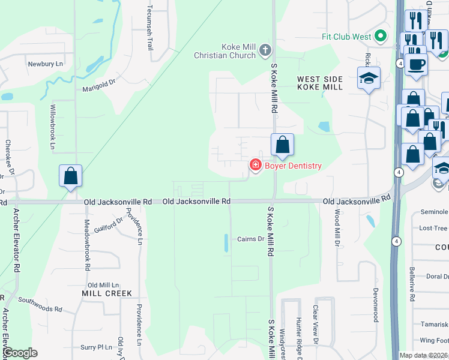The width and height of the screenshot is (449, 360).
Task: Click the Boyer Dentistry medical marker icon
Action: click(x=255, y=166)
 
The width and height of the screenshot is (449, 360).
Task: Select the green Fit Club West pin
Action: click(x=380, y=37)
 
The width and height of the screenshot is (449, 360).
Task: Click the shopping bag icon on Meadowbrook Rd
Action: click(x=71, y=176)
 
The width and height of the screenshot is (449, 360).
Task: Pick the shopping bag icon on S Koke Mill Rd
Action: click(x=282, y=145)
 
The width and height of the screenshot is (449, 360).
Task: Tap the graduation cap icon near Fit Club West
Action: click(x=369, y=77)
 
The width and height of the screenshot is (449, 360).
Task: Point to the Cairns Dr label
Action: click(x=251, y=239)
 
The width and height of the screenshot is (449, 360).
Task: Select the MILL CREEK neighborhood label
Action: click(x=107, y=293)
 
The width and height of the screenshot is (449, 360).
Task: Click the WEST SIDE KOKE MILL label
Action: click(x=320, y=83)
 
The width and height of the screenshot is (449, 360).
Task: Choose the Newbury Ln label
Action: click(x=45, y=63)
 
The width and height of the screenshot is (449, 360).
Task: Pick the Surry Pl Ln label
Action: click(x=97, y=347)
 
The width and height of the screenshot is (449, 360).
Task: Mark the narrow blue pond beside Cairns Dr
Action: click(x=226, y=243)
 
